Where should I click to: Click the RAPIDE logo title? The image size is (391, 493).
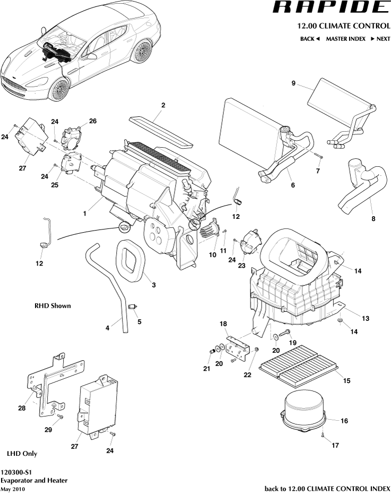point(331,7)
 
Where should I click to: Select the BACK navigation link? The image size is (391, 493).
point(310,39)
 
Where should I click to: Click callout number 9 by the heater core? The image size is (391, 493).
point(293,83)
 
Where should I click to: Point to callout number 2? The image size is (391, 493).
point(163,105)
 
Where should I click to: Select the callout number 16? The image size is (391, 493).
point(344,421)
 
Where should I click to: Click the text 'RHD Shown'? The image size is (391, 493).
point(53,306)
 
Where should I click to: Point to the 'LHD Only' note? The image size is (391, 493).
point(22,454)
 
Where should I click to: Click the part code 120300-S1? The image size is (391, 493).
point(15,472)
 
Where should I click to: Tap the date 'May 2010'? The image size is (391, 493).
point(13,488)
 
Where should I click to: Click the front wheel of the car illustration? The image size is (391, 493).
point(59,88)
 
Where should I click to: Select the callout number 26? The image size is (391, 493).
point(93,121)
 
